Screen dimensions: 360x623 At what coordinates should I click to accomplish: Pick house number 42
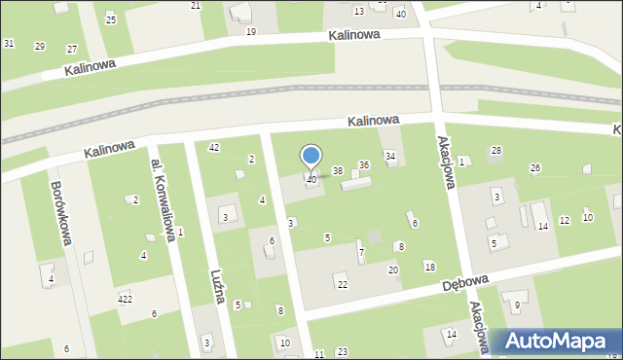pos(214,147)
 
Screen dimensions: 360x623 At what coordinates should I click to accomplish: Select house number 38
pos(338,171)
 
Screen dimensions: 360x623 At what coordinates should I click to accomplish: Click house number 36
pos(364,165)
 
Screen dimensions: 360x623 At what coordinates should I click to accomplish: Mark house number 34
pos(390,156)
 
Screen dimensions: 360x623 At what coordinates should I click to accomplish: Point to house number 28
pos(496,150)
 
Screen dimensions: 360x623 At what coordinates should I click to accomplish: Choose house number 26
pos(534,168)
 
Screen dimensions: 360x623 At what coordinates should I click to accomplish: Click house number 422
pos(125,298)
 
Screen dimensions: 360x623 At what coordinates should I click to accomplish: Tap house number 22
pos(342,284)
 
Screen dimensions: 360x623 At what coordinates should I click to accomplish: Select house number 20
pos(393,270)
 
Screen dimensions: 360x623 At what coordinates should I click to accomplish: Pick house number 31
pos(9,44)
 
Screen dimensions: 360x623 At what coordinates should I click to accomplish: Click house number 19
pos(251,32)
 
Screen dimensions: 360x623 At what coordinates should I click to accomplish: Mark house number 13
pos(359,11)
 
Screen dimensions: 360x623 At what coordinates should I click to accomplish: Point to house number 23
pos(342,351)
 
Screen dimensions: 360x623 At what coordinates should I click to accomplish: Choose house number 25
pos(111,19)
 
